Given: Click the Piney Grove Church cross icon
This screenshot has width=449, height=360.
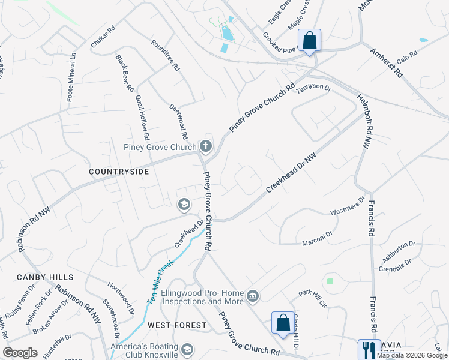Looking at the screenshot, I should coord(206,146).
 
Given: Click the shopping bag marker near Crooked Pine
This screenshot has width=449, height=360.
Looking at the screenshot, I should coord(309,41).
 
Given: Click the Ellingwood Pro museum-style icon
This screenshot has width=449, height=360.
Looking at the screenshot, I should coord(253,296).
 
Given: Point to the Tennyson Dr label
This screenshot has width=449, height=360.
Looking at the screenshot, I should coord(313,88).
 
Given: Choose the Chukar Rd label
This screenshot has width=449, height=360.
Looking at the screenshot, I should coord(102,37).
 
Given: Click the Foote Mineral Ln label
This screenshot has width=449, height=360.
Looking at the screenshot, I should coord(71,76).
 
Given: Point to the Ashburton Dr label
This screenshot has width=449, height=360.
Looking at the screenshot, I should coord(397,250).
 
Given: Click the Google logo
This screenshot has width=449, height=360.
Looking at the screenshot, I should coord(20,353).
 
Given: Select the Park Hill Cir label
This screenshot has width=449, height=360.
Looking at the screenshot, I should coord(313,298).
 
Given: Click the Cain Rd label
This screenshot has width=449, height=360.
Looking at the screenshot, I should coord(406,58).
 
